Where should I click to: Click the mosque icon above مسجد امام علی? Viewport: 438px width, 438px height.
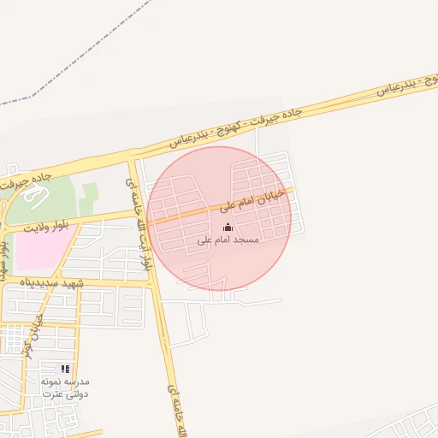228,227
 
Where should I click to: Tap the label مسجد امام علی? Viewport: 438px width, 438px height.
228,240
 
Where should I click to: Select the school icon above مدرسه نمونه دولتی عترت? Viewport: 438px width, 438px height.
65,370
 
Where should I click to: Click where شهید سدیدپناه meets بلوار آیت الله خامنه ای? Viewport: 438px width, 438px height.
153,280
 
